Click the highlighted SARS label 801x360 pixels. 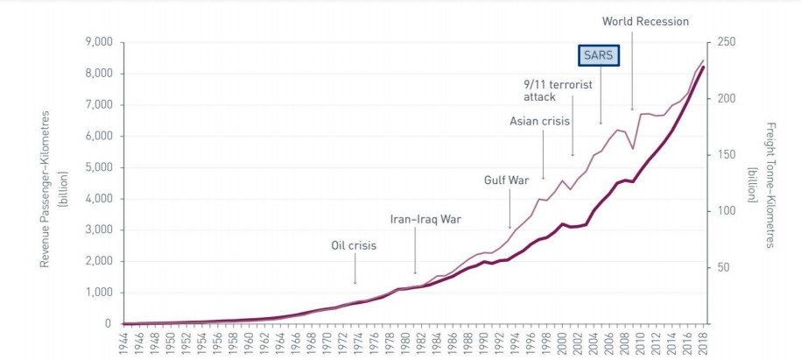(x=601, y=55)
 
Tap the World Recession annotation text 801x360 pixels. (x=646, y=21)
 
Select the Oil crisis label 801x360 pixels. (x=354, y=246)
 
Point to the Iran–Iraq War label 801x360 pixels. (x=426, y=219)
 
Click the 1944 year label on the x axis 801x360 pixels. (x=126, y=341)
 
